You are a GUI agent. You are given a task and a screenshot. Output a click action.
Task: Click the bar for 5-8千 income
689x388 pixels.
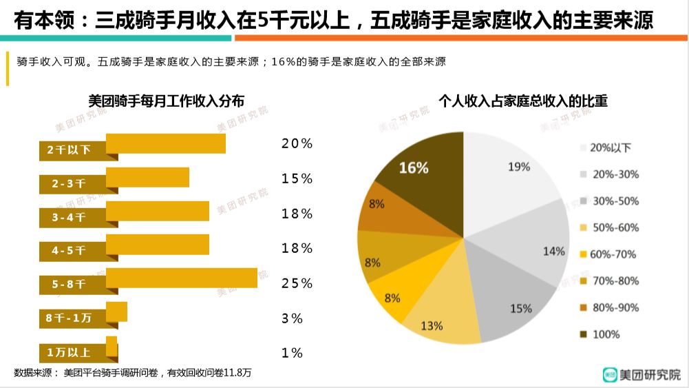(182, 278)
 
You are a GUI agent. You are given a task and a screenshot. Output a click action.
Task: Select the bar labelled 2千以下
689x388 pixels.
(166, 143)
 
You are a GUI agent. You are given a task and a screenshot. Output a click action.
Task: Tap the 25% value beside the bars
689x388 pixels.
(297, 283)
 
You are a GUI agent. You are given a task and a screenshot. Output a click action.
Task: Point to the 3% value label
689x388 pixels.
(292, 318)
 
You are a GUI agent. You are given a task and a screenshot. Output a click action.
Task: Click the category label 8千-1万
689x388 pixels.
(69, 318)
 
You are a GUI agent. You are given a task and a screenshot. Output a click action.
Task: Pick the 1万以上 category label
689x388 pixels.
(69, 352)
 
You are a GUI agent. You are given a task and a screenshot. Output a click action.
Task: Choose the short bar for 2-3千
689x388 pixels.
(147, 177)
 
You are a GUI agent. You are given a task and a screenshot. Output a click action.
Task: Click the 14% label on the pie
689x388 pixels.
(553, 252)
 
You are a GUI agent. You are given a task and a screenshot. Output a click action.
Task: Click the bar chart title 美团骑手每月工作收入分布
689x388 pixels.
(166, 101)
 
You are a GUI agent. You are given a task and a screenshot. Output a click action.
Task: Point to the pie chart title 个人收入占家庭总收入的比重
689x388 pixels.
(522, 101)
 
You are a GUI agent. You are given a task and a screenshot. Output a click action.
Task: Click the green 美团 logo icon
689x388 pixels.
(609, 375)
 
